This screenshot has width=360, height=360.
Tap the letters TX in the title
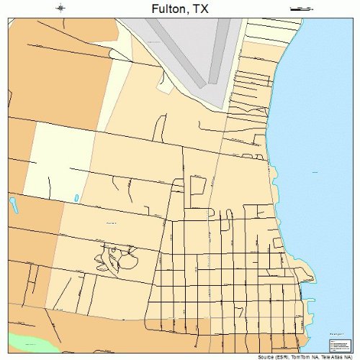(204, 9)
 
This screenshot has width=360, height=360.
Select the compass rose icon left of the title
(60, 8)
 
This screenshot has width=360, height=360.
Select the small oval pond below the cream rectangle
(76, 197)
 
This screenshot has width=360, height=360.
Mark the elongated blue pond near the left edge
(13, 207)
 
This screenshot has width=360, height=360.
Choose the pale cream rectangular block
(61, 158)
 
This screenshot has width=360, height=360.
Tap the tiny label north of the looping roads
(111, 223)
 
